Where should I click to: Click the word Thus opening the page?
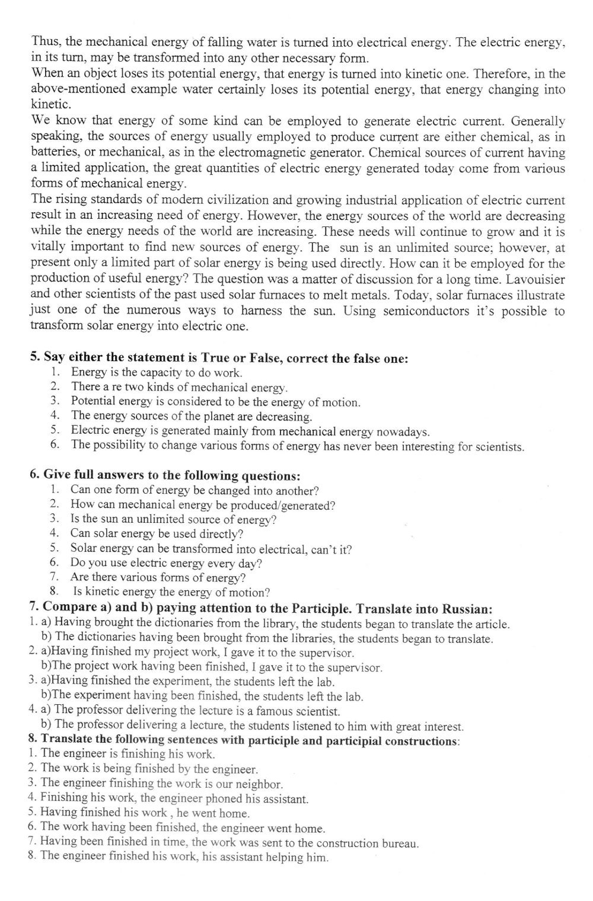pos(45,43)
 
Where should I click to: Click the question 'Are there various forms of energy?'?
pos(158,577)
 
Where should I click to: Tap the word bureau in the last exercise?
pos(400,844)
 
